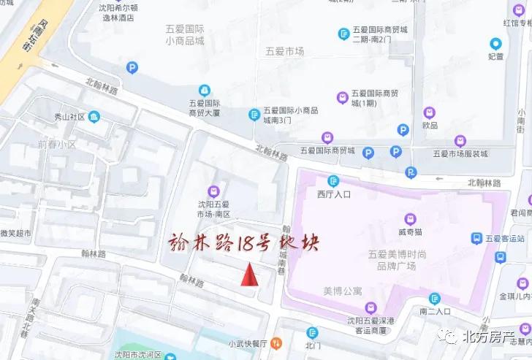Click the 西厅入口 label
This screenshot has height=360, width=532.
[x=334, y=195]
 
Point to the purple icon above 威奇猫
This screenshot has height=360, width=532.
[x=411, y=218]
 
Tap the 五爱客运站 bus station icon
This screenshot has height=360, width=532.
[x=477, y=238]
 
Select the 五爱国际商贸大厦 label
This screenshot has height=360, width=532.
[x=204, y=108]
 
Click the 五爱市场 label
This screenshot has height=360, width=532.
[x=285, y=51]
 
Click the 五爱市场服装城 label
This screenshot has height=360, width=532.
[x=460, y=154]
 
